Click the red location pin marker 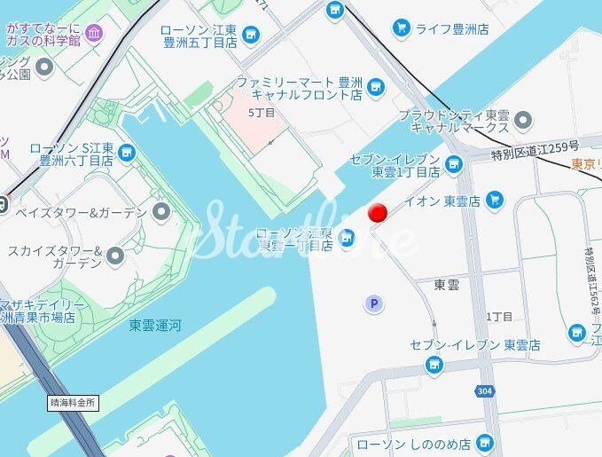tap(379, 213)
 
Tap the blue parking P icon tap(374, 304)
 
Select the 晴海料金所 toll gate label tap(73, 402)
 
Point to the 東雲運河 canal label tap(154, 326)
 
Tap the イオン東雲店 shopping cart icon tap(495, 201)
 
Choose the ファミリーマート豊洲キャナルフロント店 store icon tap(377, 87)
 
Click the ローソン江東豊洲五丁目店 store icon tap(252, 35)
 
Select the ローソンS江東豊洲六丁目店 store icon tap(128, 154)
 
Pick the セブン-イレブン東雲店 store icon tap(434, 363)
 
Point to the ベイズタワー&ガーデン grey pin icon tap(160, 211)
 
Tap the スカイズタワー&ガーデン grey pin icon tap(114, 256)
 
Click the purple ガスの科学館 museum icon tap(94, 34)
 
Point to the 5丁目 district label tap(262, 113)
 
